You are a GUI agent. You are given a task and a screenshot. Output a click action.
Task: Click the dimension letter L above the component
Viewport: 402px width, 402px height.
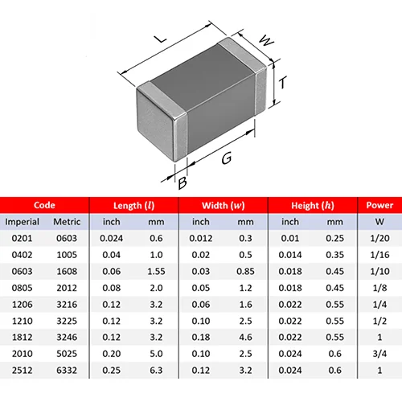[x=161, y=39]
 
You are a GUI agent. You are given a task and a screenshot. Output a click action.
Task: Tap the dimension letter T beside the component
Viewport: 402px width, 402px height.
[x=282, y=83]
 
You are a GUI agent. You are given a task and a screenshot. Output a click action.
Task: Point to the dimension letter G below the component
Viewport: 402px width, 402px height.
[x=227, y=158]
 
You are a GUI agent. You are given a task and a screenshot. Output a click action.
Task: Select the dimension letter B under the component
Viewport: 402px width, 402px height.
[x=183, y=183]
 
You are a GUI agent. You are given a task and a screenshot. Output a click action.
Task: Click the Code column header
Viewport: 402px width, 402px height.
[x=44, y=205]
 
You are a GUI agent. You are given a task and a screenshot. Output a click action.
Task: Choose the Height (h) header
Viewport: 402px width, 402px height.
[x=313, y=206]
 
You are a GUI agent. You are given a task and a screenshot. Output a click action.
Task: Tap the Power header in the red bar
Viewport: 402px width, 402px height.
[x=379, y=205]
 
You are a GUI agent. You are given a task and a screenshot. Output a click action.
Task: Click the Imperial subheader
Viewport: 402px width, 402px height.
[x=22, y=222]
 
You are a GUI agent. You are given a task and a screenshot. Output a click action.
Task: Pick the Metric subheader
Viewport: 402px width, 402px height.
[x=67, y=222]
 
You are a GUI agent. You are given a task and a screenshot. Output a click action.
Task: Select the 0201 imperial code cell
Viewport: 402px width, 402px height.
[x=22, y=238]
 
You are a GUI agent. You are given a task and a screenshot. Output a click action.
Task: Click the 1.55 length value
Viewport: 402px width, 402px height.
[x=156, y=271]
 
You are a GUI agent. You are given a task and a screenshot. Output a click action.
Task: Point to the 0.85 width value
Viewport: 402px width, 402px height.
[x=245, y=271]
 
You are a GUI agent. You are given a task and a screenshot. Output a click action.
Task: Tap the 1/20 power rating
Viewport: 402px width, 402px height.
[x=379, y=238]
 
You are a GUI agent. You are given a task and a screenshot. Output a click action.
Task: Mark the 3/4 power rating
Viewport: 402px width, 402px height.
[x=379, y=354]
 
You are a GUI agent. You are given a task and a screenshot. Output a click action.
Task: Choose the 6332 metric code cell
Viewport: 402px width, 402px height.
[x=67, y=371]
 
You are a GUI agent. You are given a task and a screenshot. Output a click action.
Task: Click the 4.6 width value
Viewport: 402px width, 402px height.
[x=245, y=337]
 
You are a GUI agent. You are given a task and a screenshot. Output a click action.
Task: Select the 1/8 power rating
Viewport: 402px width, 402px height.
[x=379, y=288]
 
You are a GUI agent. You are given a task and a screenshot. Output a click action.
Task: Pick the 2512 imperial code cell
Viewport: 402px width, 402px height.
[x=22, y=371]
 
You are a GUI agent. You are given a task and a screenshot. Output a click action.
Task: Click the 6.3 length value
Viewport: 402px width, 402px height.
[x=156, y=371]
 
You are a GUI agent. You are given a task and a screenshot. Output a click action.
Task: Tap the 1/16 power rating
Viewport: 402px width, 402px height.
[x=379, y=255]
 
